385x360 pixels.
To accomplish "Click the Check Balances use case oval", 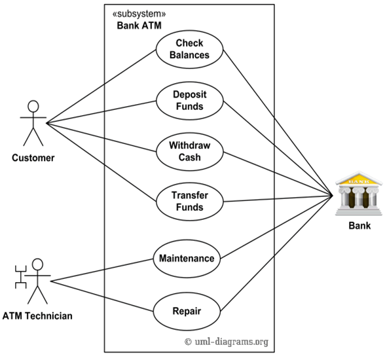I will click(x=189, y=49).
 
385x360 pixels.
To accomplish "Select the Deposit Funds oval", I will click(x=189, y=100).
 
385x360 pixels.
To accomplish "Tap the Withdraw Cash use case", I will click(x=189, y=151).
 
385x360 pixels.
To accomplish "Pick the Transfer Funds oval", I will click(x=189, y=202).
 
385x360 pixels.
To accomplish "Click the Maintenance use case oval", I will click(x=187, y=258).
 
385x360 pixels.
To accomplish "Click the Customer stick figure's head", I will click(x=33, y=107).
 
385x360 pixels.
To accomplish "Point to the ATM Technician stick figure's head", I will click(x=37, y=265).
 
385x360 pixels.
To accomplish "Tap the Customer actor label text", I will click(x=33, y=158).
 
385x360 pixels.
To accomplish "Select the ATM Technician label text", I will click(x=37, y=316).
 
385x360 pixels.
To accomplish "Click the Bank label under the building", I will click(x=359, y=226).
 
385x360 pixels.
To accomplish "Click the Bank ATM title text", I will click(x=139, y=26).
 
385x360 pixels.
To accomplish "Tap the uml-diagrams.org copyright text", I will click(x=226, y=341).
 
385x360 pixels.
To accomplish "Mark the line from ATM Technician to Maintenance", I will click(x=101, y=270).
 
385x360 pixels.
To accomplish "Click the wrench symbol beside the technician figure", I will click(x=20, y=276).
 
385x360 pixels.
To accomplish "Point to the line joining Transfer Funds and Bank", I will click(x=275, y=199).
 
